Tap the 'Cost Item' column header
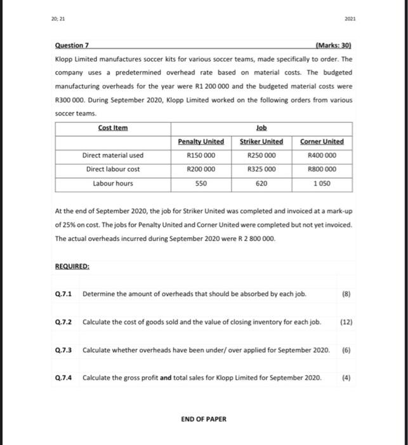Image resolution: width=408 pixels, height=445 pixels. (x=112, y=128)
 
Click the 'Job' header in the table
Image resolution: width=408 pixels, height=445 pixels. (x=261, y=128)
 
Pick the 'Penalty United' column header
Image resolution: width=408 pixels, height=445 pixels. (x=201, y=141)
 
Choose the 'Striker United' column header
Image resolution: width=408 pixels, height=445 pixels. (x=261, y=141)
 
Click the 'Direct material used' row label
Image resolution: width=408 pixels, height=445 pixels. (x=112, y=155)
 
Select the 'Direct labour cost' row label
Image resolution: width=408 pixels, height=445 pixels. (x=112, y=169)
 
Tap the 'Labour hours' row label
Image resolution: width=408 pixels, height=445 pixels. (x=112, y=183)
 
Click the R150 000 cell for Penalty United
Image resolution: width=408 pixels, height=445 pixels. (x=201, y=155)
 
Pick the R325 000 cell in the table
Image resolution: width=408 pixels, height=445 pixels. (x=261, y=169)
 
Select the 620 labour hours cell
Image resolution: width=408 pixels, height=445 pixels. (x=261, y=183)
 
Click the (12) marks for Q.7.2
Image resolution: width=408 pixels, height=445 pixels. (x=347, y=322)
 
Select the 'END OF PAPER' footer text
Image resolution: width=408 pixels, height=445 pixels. (x=204, y=419)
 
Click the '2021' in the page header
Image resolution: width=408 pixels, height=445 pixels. (x=352, y=18)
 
